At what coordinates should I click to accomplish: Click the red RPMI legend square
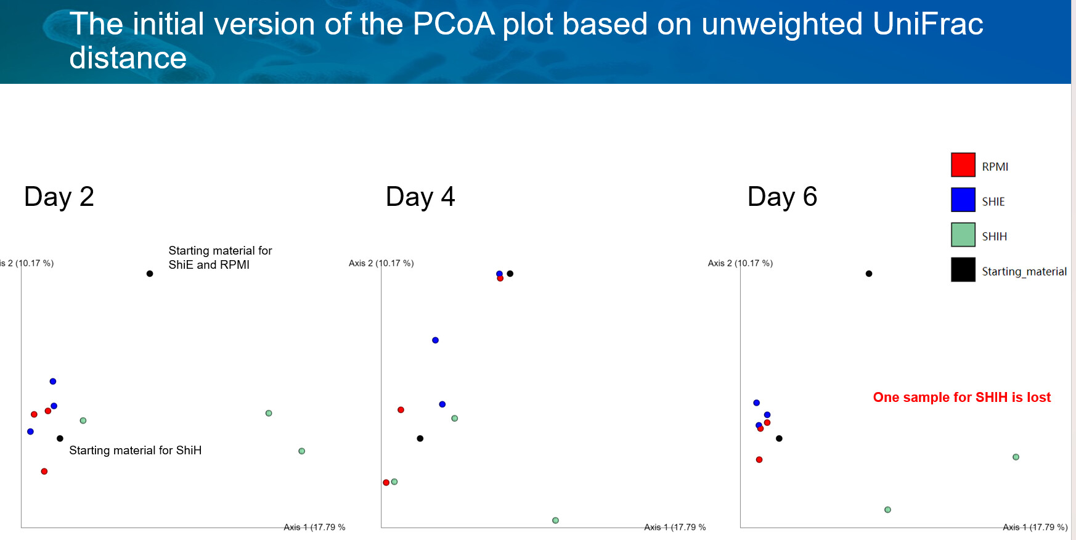coord(963,165)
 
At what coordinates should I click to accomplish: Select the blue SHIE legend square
coord(963,200)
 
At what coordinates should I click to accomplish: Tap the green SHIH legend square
coord(963,235)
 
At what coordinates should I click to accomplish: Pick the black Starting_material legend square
coord(963,270)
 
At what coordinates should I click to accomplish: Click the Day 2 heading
coord(59,197)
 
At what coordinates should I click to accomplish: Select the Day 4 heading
coord(420,197)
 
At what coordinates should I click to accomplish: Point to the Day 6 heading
coord(782,197)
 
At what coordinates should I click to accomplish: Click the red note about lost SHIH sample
coord(961,398)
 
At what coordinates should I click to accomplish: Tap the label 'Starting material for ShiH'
coord(136,451)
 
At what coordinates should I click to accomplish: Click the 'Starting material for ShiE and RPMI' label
coord(220,258)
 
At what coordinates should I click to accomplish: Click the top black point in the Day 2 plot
coord(150,274)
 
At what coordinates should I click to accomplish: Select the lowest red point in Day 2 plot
coord(44,472)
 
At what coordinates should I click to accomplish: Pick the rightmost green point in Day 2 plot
coord(301,451)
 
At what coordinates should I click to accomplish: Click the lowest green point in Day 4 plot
coord(555,521)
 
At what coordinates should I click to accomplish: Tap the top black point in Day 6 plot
coord(869,274)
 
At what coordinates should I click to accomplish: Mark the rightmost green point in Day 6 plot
coord(1016,457)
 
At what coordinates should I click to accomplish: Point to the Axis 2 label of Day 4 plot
coord(381,263)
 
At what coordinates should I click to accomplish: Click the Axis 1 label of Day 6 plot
coord(1035,527)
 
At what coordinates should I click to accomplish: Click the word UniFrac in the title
coord(927,25)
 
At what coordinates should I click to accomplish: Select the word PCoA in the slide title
coord(454,25)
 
